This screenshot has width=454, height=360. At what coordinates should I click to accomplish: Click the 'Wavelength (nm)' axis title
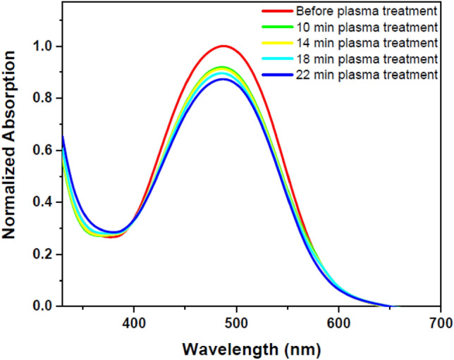click(x=252, y=349)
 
